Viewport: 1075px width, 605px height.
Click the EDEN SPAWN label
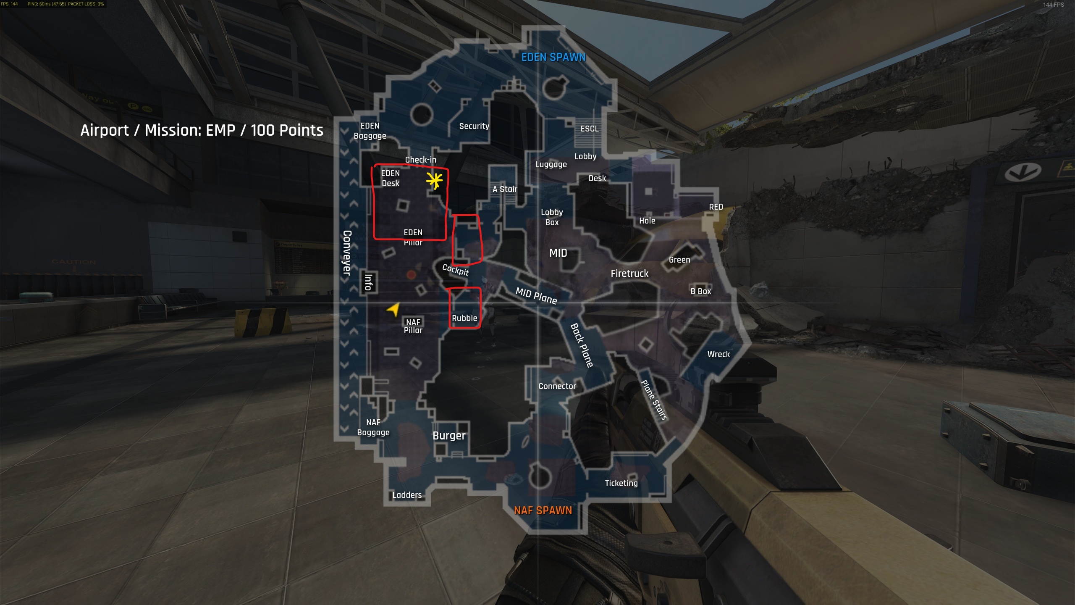click(553, 58)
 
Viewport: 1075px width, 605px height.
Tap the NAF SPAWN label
click(543, 510)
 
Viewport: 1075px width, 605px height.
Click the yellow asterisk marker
click(434, 181)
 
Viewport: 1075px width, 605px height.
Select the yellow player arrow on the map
click(393, 310)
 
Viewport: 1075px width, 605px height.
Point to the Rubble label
click(464, 318)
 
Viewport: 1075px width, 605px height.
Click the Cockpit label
click(456, 270)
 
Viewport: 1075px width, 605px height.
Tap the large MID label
click(558, 253)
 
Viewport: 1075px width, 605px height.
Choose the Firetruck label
click(629, 274)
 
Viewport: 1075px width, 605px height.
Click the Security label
click(474, 126)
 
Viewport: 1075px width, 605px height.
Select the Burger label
click(449, 436)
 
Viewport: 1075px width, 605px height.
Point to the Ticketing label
click(621, 483)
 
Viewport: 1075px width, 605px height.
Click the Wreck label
click(718, 354)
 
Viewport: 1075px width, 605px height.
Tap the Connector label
click(557, 386)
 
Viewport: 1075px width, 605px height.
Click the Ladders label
click(407, 495)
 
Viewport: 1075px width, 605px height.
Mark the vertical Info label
click(368, 282)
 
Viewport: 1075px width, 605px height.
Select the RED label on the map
click(716, 207)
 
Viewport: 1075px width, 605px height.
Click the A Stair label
click(505, 189)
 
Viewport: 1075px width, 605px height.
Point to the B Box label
click(701, 291)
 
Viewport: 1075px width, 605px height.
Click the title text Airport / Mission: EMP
click(202, 130)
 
